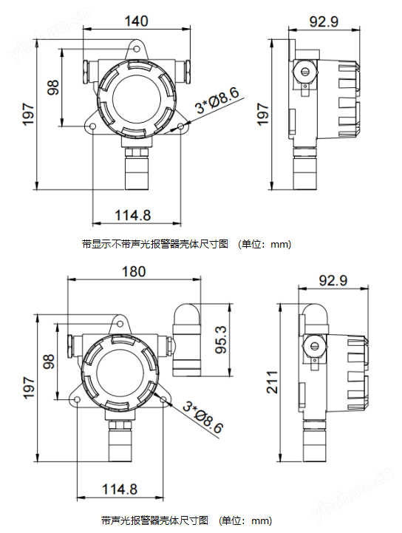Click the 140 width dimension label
pos(136,21)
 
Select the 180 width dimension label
pos(134,271)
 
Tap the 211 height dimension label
pos(272,382)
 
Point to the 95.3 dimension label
pos(221,339)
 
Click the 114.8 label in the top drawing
pos(132,215)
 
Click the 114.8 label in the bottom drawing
pos(120,489)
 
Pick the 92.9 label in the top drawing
pos(324,21)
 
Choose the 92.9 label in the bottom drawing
pos(333,280)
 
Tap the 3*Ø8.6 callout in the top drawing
pos(217,101)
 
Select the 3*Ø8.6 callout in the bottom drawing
pos(203,417)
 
